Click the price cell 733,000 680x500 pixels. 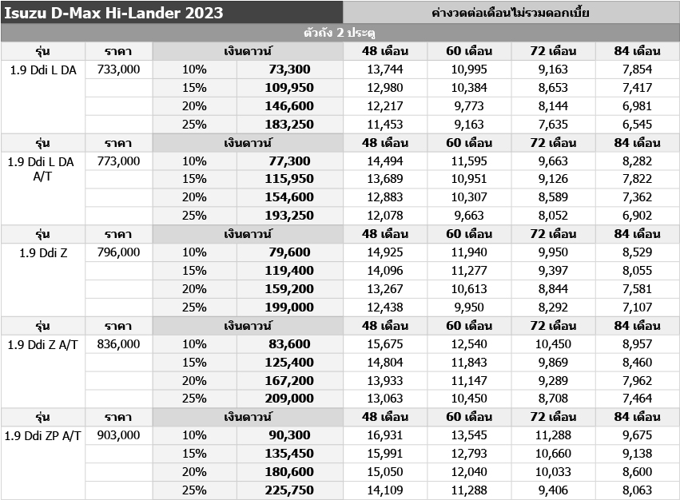tap(118, 69)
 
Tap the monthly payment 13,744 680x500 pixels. tap(385, 69)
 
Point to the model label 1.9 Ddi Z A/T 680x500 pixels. tap(43, 344)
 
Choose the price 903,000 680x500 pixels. tap(118, 435)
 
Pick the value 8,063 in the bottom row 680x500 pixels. tap(637, 490)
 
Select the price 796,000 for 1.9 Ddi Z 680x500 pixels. tap(118, 252)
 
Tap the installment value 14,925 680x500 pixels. tap(385, 252)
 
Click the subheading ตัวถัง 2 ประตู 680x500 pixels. tap(340, 33)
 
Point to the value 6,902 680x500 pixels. tap(637, 216)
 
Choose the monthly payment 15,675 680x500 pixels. tap(385, 344)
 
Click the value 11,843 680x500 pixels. tap(468, 363)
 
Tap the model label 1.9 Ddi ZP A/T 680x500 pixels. tap(43, 435)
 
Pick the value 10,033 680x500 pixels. tap(553, 472)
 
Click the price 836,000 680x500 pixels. tap(118, 344)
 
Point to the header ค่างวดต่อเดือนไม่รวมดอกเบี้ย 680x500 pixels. tap(511, 13)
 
